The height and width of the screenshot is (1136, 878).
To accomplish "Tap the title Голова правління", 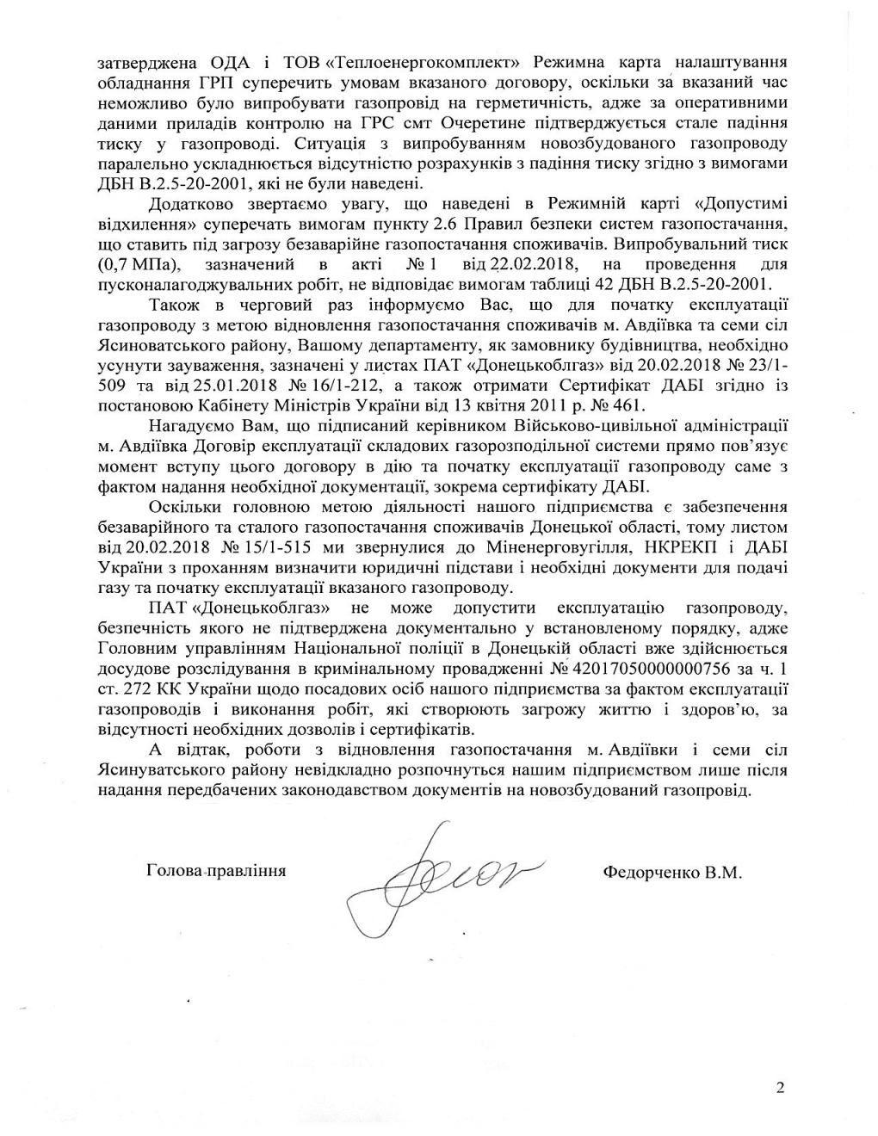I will point(216,869).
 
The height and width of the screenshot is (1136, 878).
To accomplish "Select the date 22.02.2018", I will point(498,263).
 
